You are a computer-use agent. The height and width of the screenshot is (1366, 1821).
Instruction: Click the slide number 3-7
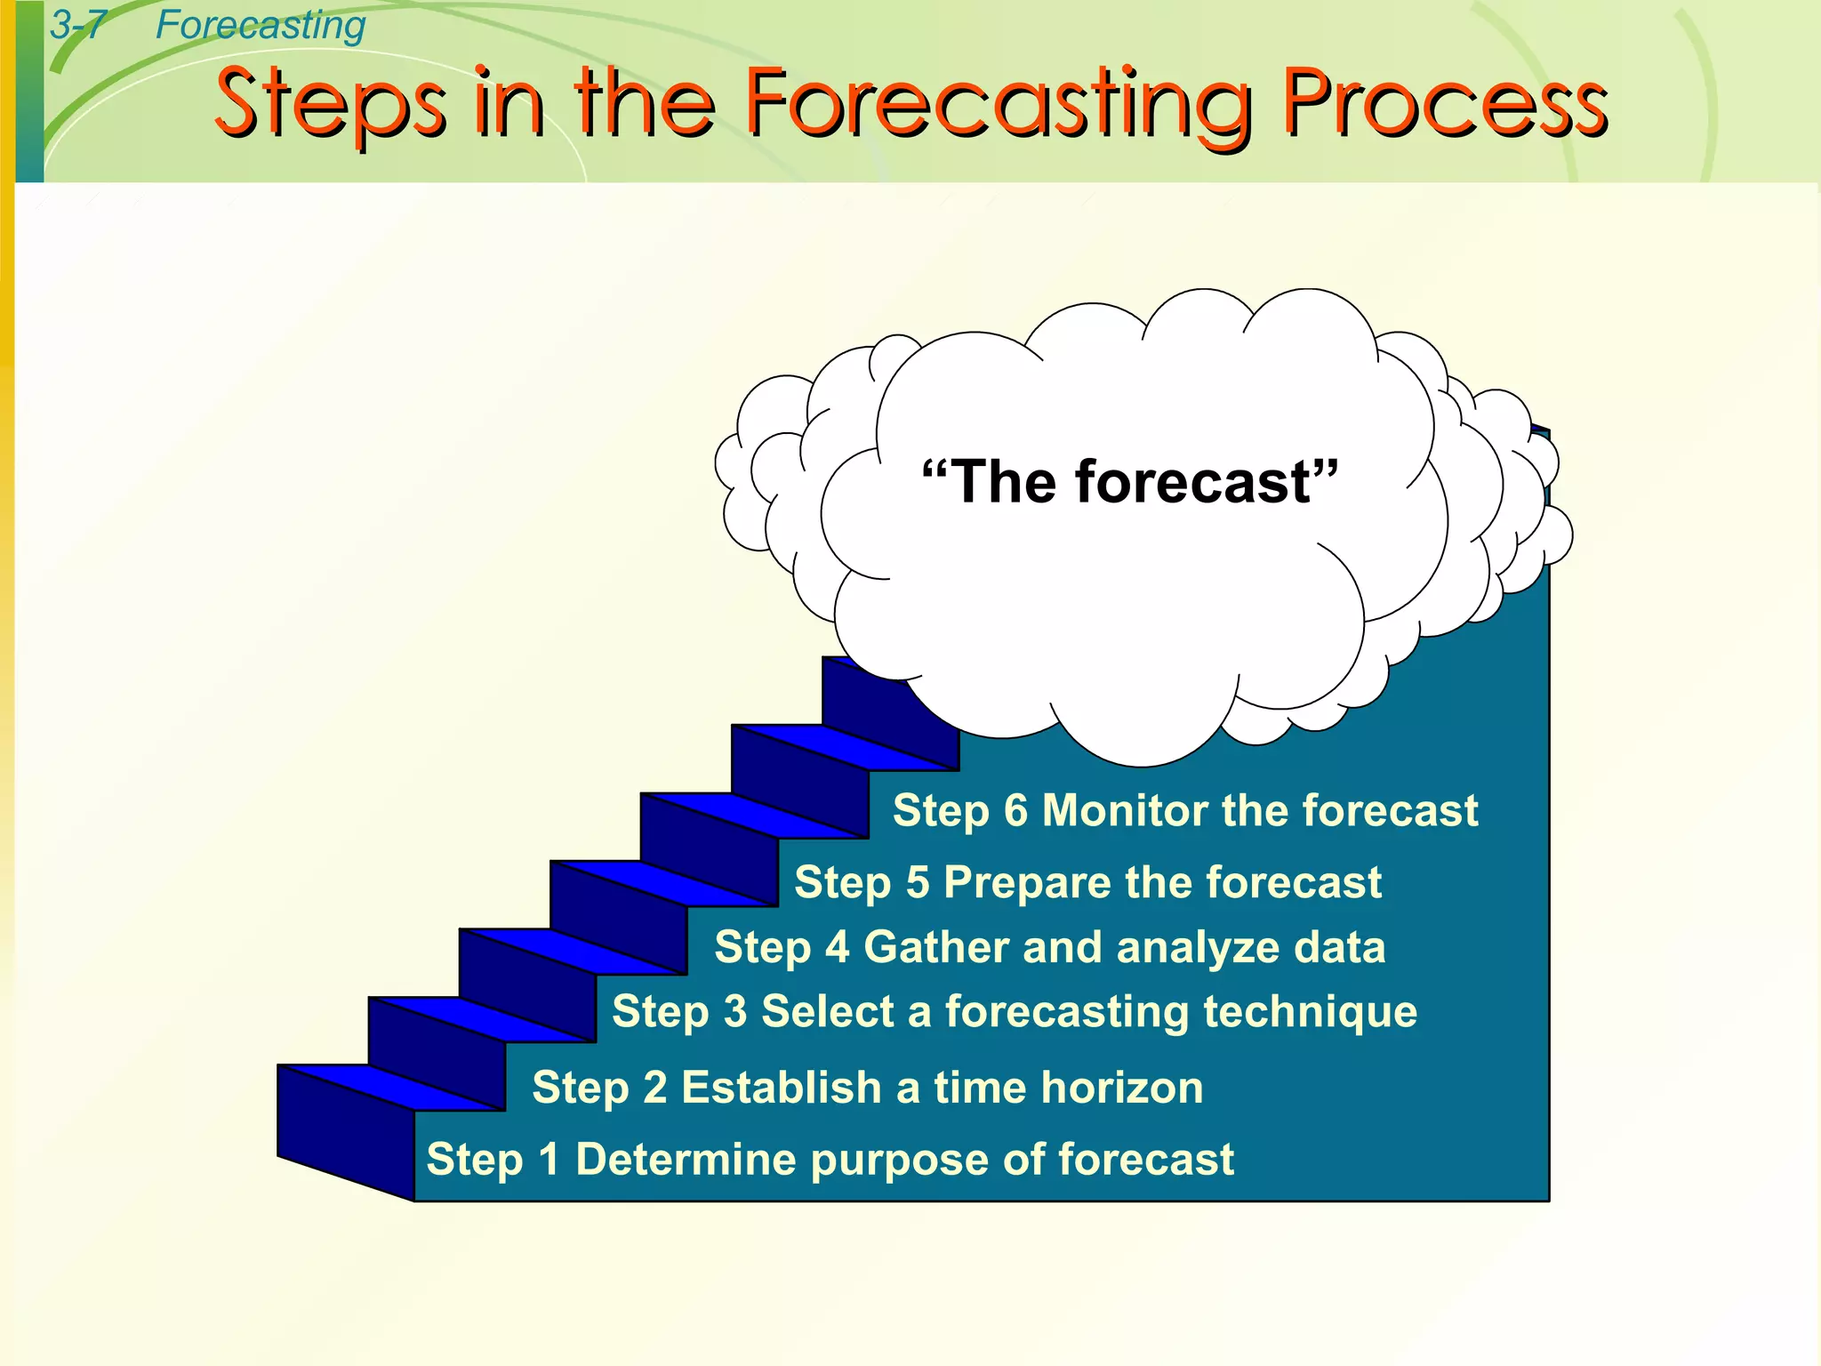[77, 25]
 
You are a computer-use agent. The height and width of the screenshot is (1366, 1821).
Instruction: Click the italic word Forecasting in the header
[260, 25]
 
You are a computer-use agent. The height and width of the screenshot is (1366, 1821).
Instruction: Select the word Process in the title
[1444, 105]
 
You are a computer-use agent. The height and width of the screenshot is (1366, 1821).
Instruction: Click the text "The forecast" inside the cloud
[1129, 482]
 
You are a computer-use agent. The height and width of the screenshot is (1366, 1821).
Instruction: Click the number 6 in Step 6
[1015, 810]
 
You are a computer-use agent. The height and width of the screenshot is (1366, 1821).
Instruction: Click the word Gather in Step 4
[936, 947]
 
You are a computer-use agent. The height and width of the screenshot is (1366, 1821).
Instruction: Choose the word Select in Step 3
[827, 1012]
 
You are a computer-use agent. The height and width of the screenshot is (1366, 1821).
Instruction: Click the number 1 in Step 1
[550, 1160]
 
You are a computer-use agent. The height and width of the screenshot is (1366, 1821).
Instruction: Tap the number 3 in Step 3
[735, 1012]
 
